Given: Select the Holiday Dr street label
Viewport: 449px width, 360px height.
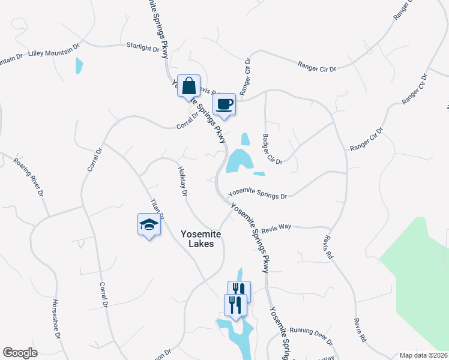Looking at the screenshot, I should coord(183,182).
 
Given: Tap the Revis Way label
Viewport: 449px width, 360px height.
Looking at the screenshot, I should coord(276,227).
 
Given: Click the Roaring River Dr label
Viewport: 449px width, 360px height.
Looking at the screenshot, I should coord(29,177).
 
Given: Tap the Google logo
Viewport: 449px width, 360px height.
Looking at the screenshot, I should coord(20,353).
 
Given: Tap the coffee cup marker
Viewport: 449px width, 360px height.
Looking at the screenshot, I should coord(224,104).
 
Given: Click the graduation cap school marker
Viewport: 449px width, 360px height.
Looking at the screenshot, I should coord(149,225).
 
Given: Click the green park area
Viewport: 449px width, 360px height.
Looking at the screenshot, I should coord(424,276).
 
